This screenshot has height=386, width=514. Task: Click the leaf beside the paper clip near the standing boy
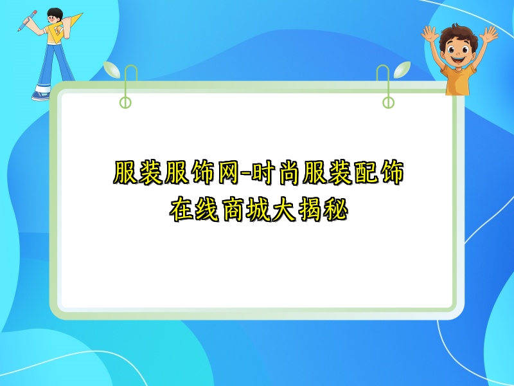point(111,69)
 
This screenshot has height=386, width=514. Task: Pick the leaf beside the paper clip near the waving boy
point(402,69)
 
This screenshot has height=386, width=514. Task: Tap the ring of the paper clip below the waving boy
point(388,102)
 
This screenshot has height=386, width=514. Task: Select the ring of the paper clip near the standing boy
point(126,102)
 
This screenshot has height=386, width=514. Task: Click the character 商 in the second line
point(226,209)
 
